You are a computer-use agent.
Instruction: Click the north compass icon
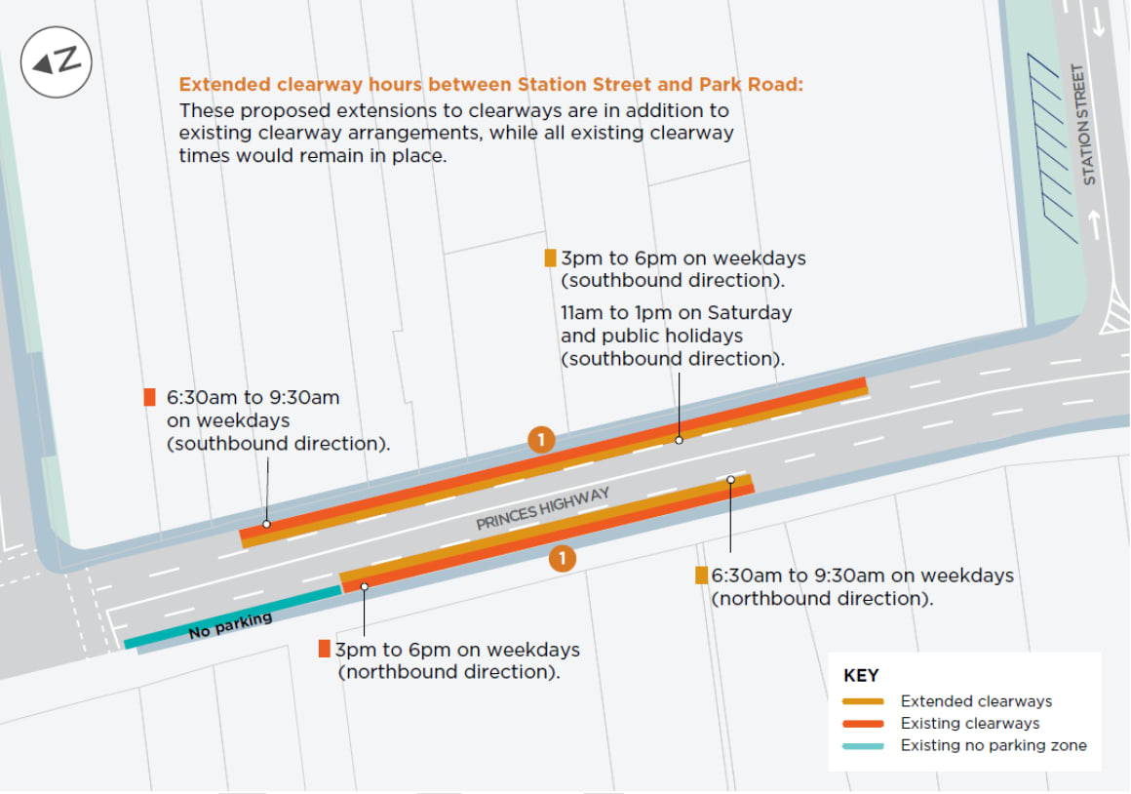[57, 60]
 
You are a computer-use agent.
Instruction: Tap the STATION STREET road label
[1089, 125]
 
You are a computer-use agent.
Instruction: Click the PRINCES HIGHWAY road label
[542, 508]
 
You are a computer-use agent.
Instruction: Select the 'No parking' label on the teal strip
[230, 625]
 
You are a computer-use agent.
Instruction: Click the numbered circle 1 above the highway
[541, 440]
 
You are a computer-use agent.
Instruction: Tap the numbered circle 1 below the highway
[562, 559]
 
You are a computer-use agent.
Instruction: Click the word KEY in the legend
[861, 676]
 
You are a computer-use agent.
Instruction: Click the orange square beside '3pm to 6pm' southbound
[550, 258]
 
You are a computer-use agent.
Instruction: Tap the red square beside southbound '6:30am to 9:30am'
[149, 397]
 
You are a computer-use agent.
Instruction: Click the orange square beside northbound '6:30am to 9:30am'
[701, 576]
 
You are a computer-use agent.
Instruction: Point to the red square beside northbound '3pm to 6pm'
[325, 649]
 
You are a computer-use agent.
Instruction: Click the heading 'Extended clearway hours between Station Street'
[490, 85]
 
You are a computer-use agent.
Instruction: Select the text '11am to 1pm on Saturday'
[676, 313]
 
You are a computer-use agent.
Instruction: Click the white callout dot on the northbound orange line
[730, 479]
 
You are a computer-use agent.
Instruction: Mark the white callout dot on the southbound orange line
[679, 440]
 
